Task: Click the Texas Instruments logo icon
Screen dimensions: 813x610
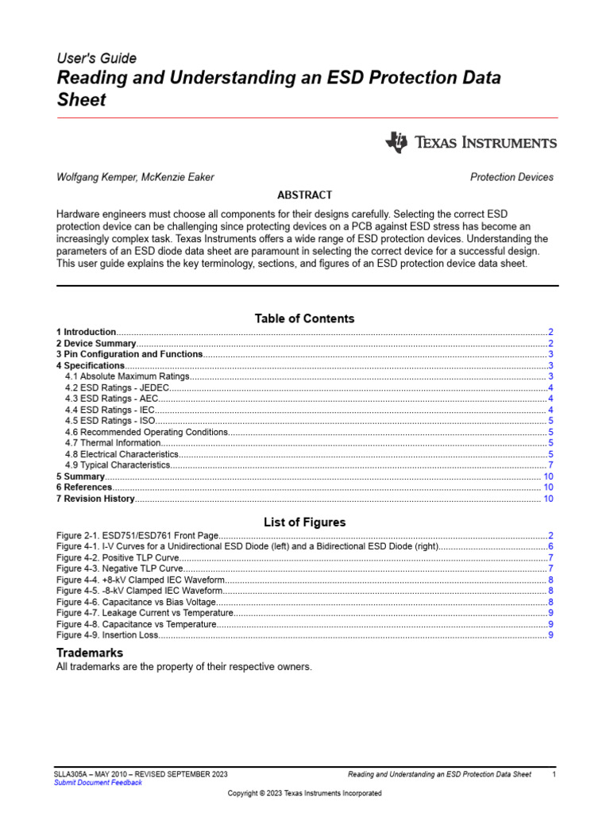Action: click(396, 142)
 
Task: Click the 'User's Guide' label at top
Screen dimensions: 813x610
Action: click(96, 58)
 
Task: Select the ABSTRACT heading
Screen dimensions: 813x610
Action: click(304, 195)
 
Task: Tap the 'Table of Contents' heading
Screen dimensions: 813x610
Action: click(304, 318)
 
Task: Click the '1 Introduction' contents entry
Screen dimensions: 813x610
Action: click(87, 331)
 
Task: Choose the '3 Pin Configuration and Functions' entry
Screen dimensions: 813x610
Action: click(129, 354)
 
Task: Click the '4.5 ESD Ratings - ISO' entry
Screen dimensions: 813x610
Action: click(110, 421)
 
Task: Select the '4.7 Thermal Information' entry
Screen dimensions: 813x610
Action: click(113, 443)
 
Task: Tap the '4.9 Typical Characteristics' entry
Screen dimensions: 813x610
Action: click(118, 464)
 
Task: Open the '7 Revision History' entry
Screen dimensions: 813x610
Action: click(95, 499)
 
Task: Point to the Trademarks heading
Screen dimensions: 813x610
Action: click(89, 652)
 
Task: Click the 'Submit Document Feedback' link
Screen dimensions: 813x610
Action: click(98, 783)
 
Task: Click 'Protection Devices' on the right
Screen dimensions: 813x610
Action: click(512, 177)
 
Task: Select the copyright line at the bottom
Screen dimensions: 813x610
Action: click(304, 793)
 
